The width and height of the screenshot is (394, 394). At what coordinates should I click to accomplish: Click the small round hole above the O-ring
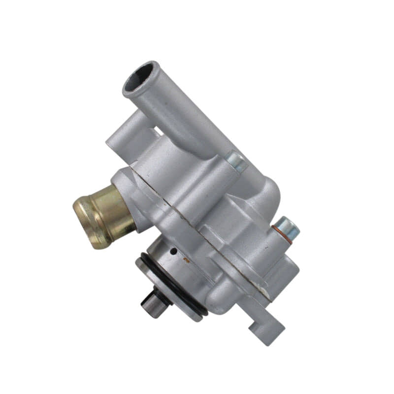[173, 251]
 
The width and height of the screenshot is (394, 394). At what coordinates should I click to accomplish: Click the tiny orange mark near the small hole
[186, 258]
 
